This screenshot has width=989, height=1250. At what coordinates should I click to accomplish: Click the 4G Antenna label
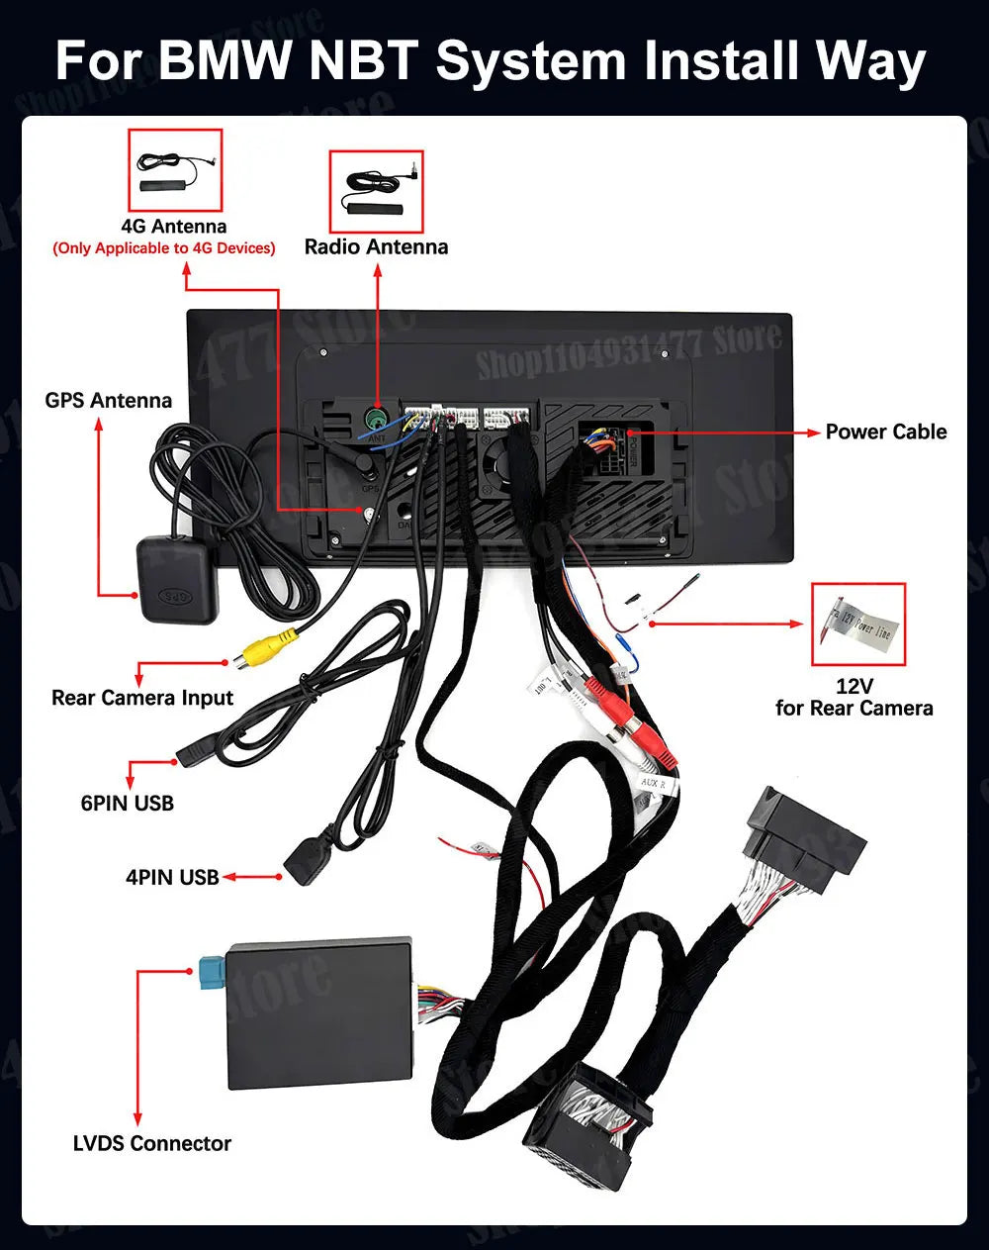[x=174, y=227]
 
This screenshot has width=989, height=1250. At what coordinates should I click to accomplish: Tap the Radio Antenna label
[x=376, y=247]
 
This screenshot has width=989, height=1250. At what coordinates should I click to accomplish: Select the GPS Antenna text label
[x=108, y=401]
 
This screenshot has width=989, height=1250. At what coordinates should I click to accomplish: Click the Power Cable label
[x=886, y=432]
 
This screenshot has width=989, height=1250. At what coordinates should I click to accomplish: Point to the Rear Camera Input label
[x=142, y=698]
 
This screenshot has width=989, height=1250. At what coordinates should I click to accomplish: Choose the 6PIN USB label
[x=128, y=803]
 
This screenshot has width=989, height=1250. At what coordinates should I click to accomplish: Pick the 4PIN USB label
[x=172, y=877]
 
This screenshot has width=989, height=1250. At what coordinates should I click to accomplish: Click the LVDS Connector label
[x=152, y=1143]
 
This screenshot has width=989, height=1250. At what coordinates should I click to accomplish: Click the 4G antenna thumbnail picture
[x=175, y=170]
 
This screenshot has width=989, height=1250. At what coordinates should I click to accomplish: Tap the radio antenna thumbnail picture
[x=376, y=191]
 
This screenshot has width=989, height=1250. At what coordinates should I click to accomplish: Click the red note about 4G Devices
[x=164, y=248]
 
